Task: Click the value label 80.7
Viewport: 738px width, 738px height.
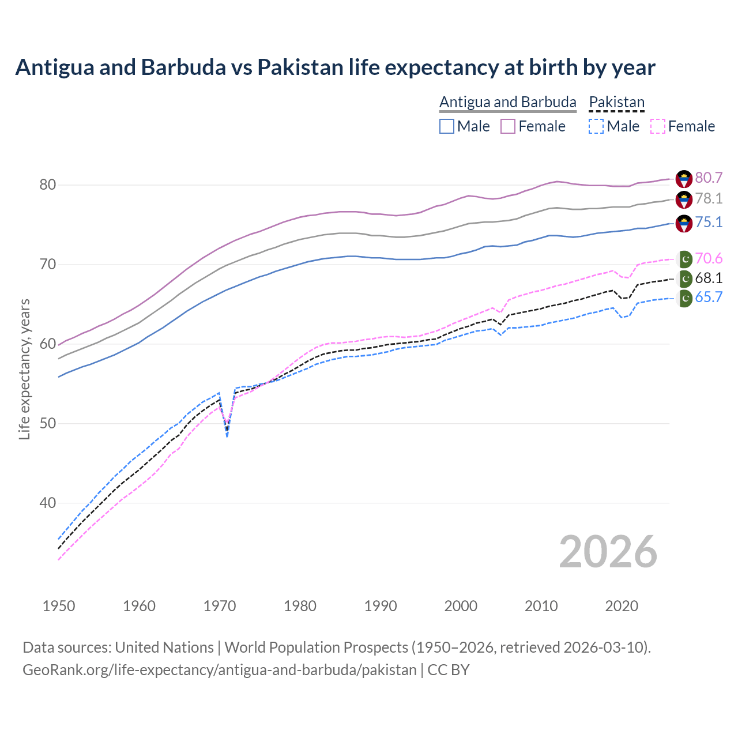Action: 709,178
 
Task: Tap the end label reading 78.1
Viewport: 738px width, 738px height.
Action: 709,199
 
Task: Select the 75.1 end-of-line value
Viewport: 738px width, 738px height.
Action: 709,223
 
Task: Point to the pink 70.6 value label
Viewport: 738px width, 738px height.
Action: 709,258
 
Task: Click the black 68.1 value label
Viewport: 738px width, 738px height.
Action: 709,278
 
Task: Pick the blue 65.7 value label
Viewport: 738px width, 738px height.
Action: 709,298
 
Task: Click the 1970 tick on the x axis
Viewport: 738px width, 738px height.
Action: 220,606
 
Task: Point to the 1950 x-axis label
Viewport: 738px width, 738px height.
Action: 59,606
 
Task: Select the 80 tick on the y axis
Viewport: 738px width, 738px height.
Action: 47,185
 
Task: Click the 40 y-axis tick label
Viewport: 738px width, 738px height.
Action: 47,503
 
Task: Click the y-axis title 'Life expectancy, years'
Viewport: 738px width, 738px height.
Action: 24,369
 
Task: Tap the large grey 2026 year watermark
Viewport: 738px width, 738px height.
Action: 608,552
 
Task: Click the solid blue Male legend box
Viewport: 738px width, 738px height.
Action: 447,126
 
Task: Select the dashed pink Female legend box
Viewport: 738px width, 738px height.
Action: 657,126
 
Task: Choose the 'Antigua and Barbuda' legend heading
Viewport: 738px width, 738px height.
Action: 507,102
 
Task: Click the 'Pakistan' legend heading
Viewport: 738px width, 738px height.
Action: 616,102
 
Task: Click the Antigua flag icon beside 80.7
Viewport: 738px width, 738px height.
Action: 684,178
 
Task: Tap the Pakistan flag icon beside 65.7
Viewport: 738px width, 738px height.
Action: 684,298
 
